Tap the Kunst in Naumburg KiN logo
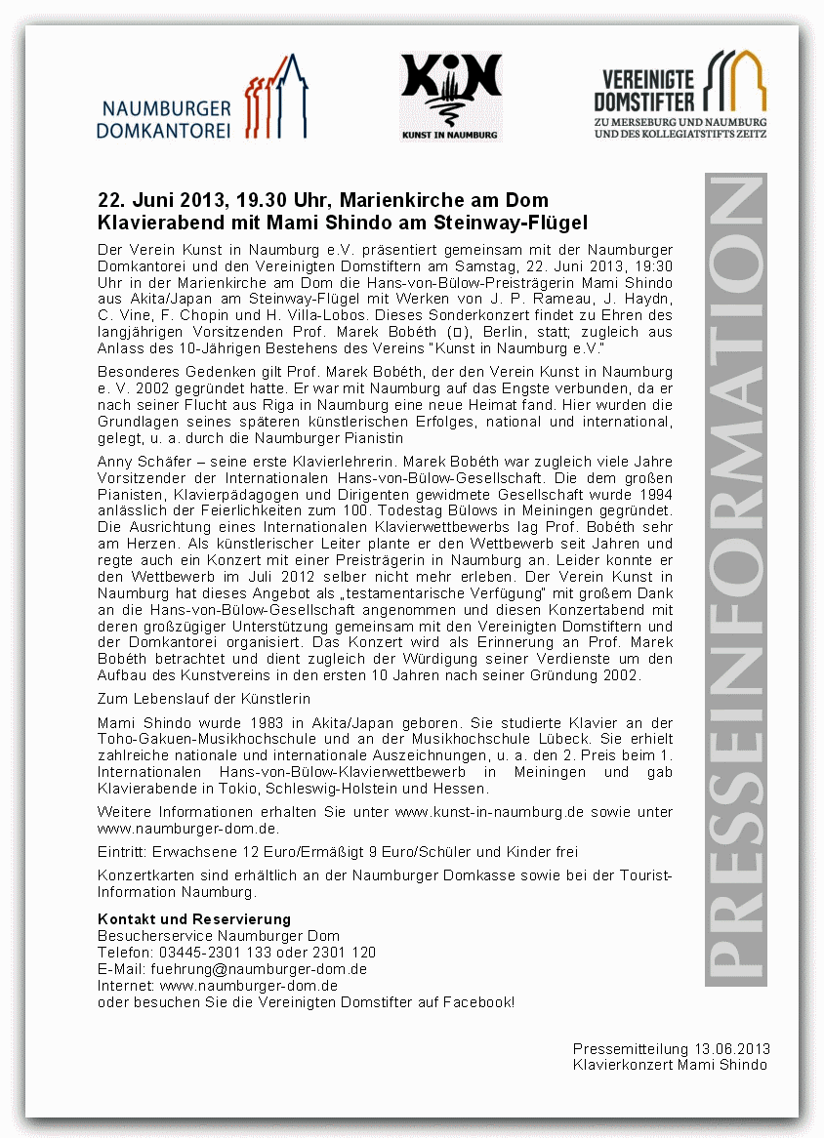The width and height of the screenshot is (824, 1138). pyautogui.click(x=450, y=97)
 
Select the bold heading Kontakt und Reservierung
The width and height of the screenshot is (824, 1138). pyautogui.click(x=194, y=919)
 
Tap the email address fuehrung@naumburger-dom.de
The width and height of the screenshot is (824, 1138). pyautogui.click(x=259, y=969)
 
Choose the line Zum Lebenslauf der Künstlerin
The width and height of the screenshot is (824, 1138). pyautogui.click(x=204, y=699)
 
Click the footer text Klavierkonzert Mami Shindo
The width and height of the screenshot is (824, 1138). pyautogui.click(x=670, y=1064)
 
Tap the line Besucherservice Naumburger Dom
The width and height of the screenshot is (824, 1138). pyautogui.click(x=219, y=936)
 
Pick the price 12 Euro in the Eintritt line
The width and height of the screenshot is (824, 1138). pyautogui.click(x=267, y=852)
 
